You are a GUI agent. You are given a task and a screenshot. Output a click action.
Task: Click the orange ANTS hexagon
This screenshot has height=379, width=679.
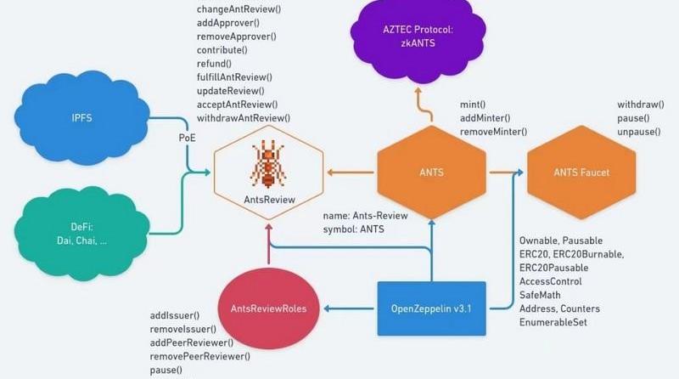431,173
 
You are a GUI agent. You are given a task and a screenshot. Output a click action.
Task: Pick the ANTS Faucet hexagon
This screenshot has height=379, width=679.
581,173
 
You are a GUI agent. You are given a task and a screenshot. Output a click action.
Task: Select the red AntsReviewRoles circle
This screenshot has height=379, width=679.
269,308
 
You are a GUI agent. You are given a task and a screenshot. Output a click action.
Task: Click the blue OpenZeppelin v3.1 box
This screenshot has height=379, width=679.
430,308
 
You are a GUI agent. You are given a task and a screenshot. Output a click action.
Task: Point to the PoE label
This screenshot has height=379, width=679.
188,137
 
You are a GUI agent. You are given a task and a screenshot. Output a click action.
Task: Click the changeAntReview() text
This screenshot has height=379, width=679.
239,10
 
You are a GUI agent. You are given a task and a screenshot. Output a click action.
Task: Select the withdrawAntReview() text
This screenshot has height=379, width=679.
244,117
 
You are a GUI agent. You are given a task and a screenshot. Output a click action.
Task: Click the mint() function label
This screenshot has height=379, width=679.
473,104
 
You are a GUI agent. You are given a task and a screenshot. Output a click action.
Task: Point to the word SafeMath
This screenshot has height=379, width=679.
542,295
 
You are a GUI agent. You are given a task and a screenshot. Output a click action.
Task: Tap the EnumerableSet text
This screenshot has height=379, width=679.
555,322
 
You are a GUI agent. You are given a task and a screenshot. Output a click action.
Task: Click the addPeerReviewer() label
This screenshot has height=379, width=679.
194,342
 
